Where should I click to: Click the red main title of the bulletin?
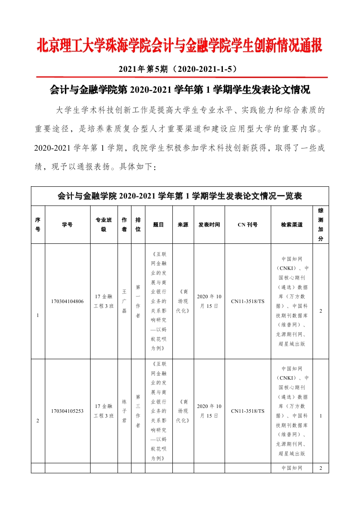180,46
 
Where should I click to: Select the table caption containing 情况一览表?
180,196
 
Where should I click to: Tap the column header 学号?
67,225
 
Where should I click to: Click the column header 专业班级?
104,225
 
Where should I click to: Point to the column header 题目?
158,225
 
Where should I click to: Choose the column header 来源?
183,225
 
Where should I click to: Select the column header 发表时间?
209,225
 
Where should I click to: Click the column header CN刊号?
247,225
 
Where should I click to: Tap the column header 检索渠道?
292,225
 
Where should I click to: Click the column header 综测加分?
320,225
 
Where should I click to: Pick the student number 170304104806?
67,301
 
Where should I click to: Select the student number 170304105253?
67,411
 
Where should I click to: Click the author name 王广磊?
124,301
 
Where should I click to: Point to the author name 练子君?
124,411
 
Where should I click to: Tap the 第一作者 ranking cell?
138,301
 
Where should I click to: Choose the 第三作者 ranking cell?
138,411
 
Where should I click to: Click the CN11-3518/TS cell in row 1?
247,301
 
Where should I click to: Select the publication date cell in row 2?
209,411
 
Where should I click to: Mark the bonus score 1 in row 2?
320,416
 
